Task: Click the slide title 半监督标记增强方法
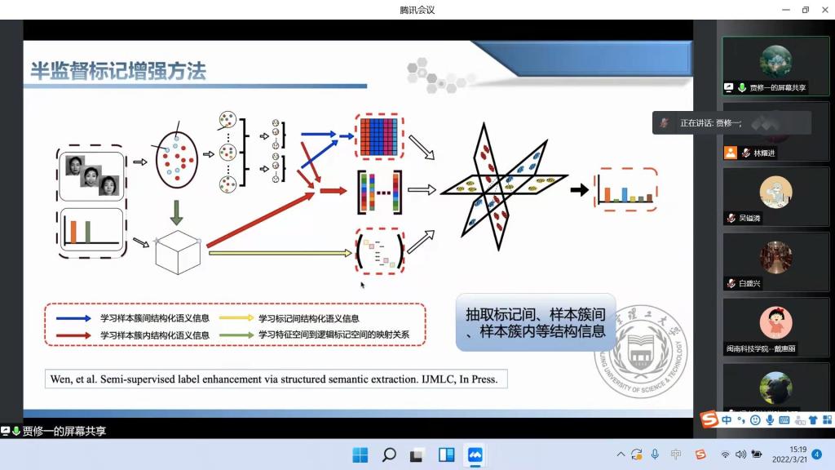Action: (118, 71)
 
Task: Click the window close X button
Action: (824, 10)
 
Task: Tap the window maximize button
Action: (805, 10)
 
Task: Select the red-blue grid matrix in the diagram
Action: (379, 135)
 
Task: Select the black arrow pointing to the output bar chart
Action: (579, 190)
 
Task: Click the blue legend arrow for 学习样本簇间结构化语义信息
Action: (74, 318)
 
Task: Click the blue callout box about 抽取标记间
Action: (535, 322)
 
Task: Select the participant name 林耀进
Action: (764, 153)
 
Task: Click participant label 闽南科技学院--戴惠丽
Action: (762, 348)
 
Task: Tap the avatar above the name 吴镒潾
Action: (775, 193)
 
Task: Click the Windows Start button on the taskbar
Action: (360, 454)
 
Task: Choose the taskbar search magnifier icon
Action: (389, 454)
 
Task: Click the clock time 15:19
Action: (797, 450)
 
